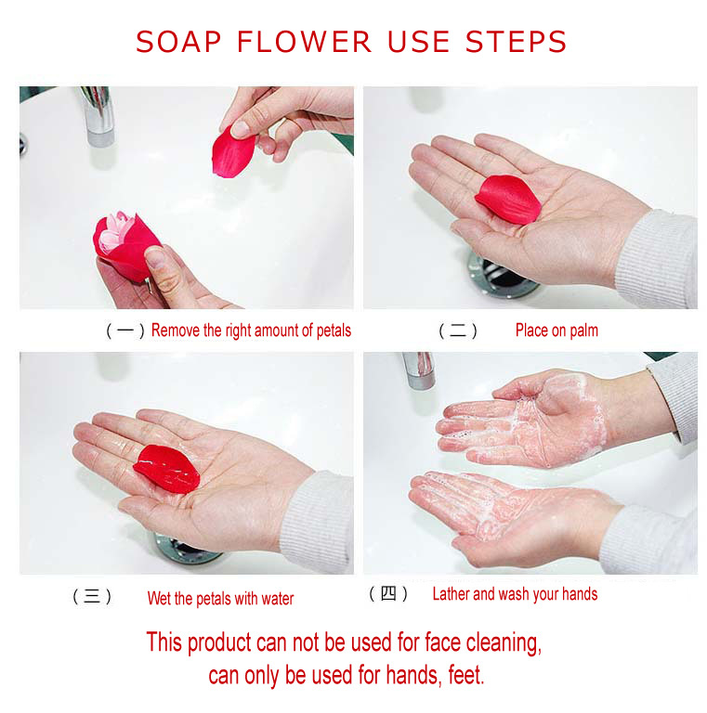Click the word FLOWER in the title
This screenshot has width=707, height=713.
[304, 42]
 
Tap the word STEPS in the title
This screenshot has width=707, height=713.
[516, 42]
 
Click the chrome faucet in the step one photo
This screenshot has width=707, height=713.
[98, 116]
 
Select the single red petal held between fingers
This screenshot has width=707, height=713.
[233, 151]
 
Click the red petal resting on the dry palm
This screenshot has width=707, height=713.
[508, 200]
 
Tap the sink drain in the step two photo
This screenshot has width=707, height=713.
[502, 276]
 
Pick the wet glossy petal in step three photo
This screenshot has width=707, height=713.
[166, 469]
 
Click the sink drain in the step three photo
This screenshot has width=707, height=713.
[186, 550]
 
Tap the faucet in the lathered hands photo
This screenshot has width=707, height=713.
[419, 370]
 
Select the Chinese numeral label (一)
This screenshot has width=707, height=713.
[125, 331]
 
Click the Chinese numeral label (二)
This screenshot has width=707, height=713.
[458, 331]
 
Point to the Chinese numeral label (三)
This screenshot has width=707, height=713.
[92, 596]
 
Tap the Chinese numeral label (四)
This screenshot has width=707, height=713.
[388, 593]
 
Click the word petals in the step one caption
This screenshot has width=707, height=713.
[334, 331]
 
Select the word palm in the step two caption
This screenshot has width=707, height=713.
[583, 331]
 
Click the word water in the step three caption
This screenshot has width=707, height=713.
[277, 599]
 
